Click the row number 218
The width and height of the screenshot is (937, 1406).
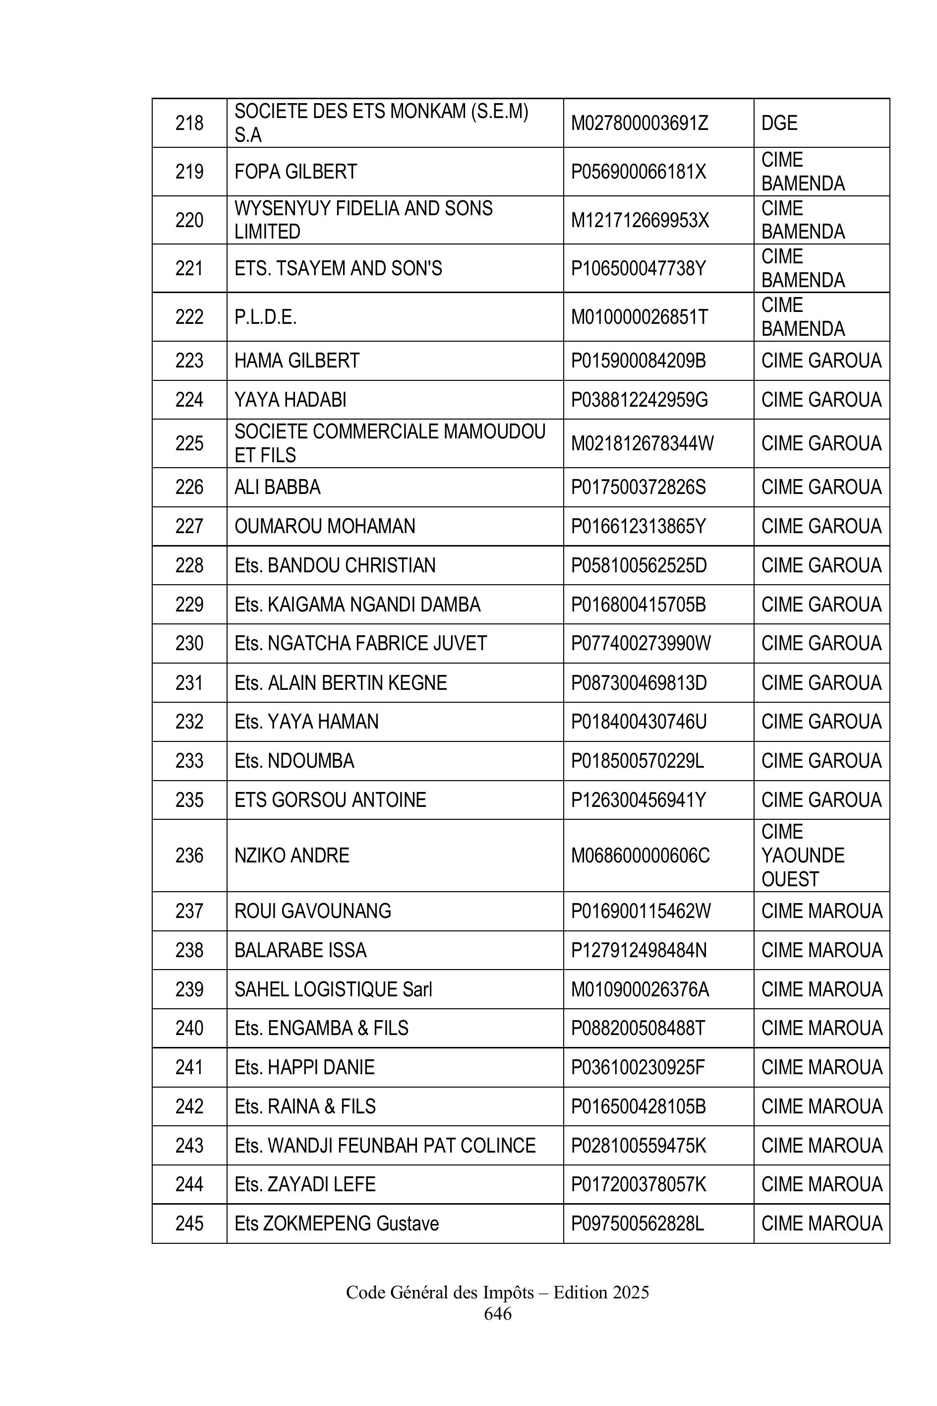click(x=189, y=123)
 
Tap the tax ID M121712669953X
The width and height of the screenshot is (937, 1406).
click(x=640, y=220)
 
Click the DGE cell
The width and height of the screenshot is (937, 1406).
click(x=779, y=123)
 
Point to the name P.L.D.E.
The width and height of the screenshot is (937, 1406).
click(x=265, y=317)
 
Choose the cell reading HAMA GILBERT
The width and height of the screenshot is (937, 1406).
click(x=296, y=361)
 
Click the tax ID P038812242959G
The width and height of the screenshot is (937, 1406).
click(x=639, y=399)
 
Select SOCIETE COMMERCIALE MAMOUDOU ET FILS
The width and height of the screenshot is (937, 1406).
click(x=390, y=443)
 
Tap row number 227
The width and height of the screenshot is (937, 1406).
click(x=189, y=526)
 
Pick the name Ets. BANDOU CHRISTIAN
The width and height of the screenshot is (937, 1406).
click(x=335, y=565)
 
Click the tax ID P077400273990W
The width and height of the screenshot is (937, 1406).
click(x=641, y=643)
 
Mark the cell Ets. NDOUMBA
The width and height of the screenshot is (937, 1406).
click(x=294, y=760)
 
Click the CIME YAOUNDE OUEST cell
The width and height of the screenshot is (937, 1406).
click(x=803, y=856)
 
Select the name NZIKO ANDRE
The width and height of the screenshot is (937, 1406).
click(x=292, y=856)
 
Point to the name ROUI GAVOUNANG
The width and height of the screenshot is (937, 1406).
click(x=312, y=911)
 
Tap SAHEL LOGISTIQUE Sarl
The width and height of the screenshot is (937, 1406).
click(x=333, y=989)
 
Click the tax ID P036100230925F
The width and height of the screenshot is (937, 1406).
click(x=638, y=1067)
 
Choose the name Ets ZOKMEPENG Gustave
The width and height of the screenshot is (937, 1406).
click(x=337, y=1223)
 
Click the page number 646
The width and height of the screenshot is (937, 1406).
click(x=497, y=1313)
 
